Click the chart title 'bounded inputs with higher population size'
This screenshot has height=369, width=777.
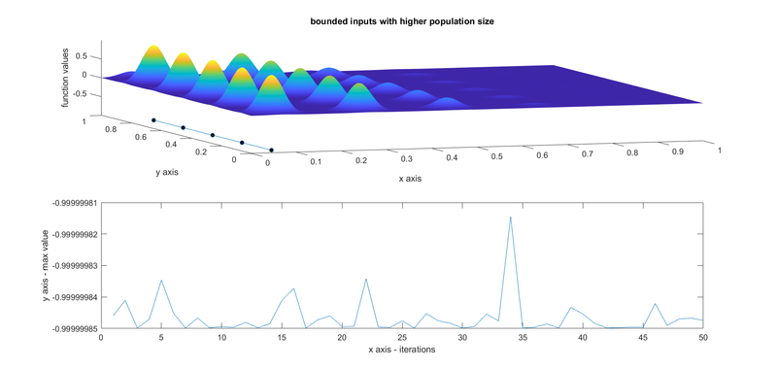(x=388, y=21)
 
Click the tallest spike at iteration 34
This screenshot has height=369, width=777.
(x=510, y=217)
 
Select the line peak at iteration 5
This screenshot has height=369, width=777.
(x=161, y=281)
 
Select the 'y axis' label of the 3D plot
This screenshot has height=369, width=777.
(x=171, y=173)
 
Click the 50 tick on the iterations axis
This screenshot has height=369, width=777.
(x=702, y=337)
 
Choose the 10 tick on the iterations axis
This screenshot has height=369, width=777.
(x=221, y=337)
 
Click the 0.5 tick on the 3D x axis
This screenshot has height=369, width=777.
(x=496, y=155)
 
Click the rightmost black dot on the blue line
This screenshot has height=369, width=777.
(x=271, y=150)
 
